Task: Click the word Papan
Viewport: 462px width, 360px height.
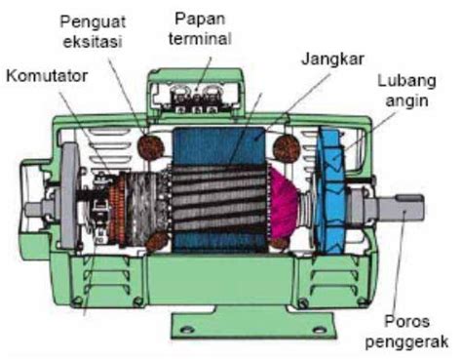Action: [x=203, y=20]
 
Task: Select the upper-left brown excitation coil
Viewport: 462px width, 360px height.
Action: [x=151, y=145]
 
